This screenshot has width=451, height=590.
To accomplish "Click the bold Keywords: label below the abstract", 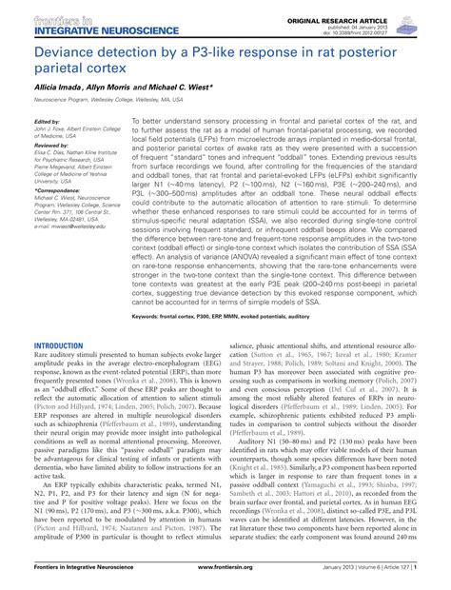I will pos(151,313).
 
